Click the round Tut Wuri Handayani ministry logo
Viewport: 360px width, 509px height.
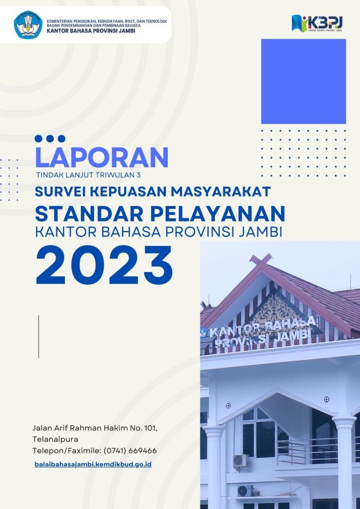tap(28, 25)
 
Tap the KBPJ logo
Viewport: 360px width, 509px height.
tap(317, 23)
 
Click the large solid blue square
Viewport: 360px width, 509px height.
tap(304, 81)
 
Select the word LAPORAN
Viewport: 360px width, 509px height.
tap(101, 157)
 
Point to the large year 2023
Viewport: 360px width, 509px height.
tap(104, 265)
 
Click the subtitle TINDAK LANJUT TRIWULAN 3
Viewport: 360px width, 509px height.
tap(89, 175)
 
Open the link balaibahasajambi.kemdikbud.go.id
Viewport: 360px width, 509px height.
tap(93, 465)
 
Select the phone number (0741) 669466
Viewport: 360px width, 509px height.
tap(130, 451)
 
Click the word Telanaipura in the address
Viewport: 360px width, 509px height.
tap(55, 440)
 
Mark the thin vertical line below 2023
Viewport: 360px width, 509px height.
tap(39, 337)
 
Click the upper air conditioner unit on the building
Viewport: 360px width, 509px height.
tap(240, 461)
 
